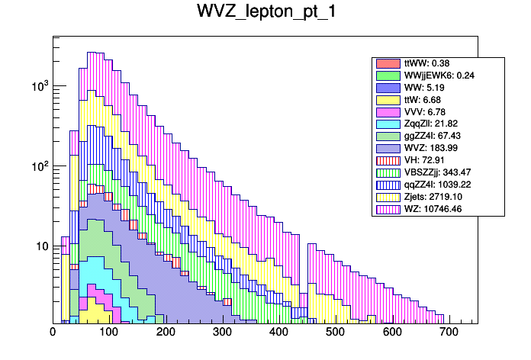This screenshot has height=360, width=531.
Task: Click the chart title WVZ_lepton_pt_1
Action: click(x=265, y=14)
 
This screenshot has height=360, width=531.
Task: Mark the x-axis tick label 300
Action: click(x=222, y=332)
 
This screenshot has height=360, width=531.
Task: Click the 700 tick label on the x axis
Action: click(x=448, y=332)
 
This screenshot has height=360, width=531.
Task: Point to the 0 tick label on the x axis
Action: click(x=53, y=332)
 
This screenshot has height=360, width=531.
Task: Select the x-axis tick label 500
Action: click(x=335, y=332)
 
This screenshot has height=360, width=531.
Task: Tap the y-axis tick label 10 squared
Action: click(x=37, y=166)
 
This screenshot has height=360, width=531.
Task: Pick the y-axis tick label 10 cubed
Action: click(x=37, y=86)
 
